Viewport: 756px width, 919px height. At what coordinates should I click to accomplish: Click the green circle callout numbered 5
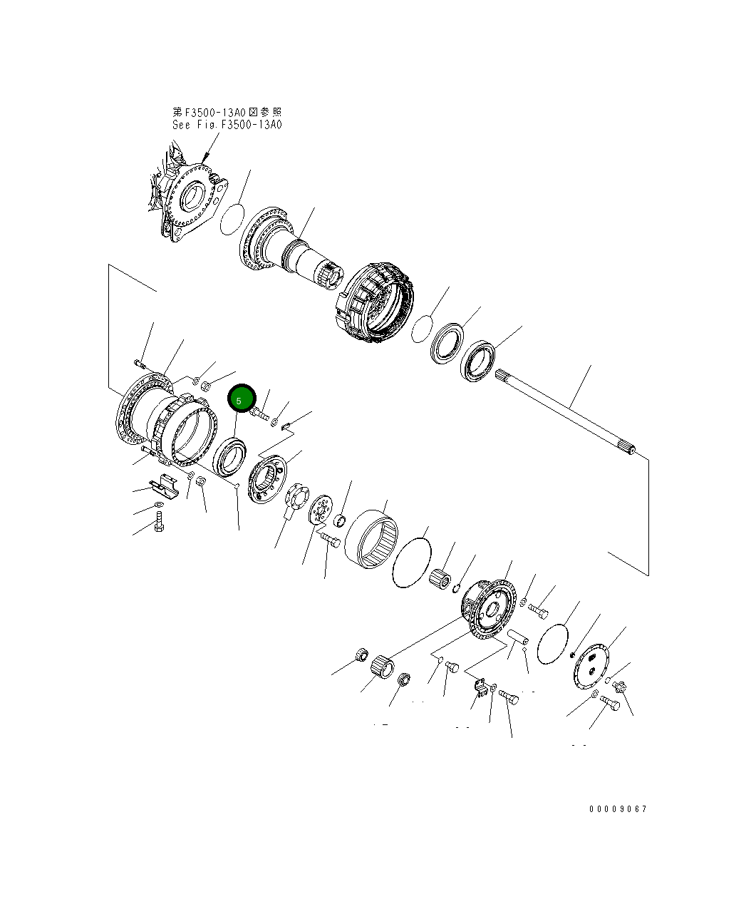tap(241, 399)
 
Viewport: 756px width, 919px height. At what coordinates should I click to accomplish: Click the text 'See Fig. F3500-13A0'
tap(227, 125)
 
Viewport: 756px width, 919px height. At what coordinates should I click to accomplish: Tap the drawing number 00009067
tap(618, 809)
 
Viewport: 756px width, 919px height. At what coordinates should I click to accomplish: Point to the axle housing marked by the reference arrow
tap(190, 196)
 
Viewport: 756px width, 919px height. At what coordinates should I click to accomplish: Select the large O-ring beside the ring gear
tap(411, 563)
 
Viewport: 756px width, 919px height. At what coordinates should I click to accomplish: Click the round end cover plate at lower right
tap(591, 667)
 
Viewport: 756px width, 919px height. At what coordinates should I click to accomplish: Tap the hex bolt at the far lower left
tap(158, 526)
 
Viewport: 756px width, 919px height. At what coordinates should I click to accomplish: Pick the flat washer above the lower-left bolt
tap(157, 506)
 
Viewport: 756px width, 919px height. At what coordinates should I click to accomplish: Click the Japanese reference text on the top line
tap(227, 113)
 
